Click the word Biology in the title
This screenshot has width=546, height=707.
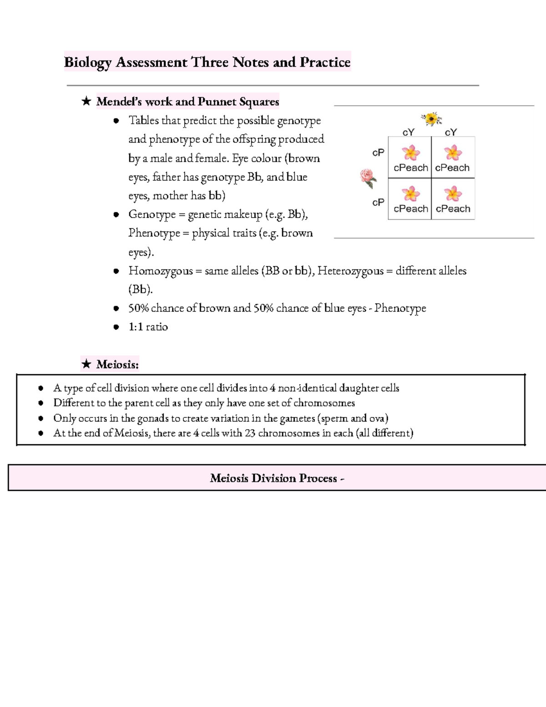[x=87, y=62]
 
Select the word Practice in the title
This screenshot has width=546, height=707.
[x=325, y=62]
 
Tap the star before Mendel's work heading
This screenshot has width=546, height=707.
[x=86, y=101]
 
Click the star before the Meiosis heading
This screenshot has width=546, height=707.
[x=86, y=364]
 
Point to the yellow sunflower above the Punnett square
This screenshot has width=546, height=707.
[x=431, y=119]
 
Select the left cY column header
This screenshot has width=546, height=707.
[x=409, y=132]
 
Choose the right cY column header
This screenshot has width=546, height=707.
[x=450, y=132]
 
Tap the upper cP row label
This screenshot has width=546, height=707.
[x=378, y=153]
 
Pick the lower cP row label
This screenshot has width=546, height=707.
[x=378, y=202]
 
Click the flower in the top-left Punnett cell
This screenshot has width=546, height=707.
[x=411, y=153]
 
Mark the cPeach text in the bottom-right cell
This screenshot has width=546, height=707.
[x=453, y=209]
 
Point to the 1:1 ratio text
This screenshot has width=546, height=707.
[x=148, y=327]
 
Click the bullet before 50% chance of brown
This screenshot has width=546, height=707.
[x=116, y=309]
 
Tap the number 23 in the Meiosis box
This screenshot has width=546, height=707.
[x=250, y=433]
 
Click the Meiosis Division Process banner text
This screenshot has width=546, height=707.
[x=277, y=478]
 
